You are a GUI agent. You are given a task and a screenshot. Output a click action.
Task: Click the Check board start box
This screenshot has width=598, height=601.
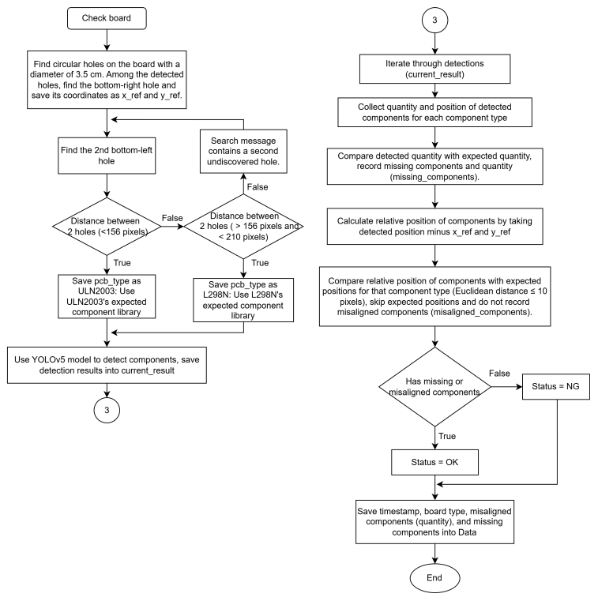107,18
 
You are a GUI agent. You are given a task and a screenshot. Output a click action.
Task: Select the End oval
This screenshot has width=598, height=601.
434,578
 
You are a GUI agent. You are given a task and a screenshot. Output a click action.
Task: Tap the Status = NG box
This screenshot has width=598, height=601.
556,386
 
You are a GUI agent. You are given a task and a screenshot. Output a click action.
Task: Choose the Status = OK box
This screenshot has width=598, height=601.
434,462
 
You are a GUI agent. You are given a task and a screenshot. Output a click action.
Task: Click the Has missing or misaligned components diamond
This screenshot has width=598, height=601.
434,386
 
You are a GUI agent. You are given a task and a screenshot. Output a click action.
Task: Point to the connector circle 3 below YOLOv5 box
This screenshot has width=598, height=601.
107,410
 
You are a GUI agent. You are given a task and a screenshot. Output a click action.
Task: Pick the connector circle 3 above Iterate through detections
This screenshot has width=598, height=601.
434,20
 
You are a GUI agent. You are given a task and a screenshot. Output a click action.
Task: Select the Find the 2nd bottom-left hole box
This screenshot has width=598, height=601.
107,156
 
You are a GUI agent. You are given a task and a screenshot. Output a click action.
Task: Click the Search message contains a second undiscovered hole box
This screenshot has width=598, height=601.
243,151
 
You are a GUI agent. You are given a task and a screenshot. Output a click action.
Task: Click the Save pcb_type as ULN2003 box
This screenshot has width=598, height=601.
107,296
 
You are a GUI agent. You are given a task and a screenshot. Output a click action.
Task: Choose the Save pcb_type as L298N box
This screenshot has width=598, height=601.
243,300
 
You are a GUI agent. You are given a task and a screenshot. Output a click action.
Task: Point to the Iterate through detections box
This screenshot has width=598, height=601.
434,69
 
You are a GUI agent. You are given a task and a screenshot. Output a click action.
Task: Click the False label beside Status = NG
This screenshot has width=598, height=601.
499,374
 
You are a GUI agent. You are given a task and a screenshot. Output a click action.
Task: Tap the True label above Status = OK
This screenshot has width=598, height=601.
447,436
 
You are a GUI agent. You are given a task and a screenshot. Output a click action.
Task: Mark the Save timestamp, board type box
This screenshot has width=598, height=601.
434,522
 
